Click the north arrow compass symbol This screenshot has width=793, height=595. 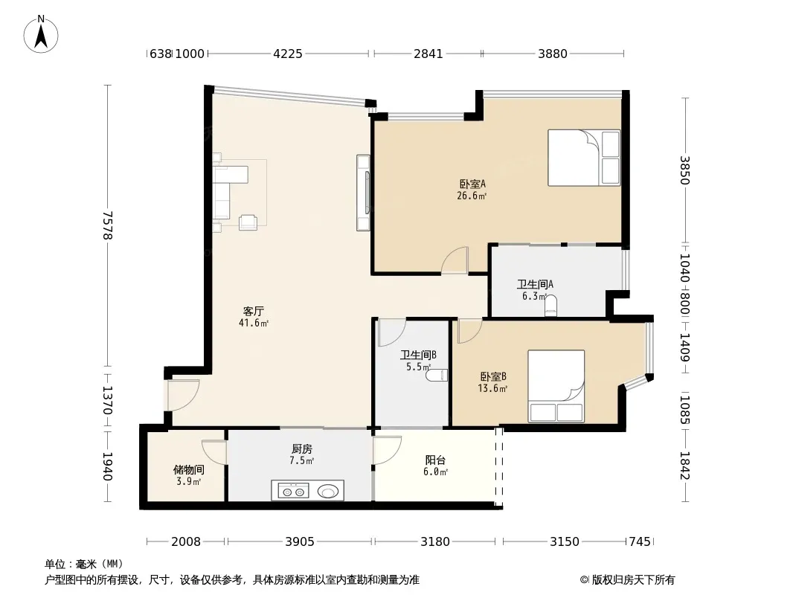[41, 34]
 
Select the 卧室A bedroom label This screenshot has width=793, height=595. [472, 184]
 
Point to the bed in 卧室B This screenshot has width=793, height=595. [556, 386]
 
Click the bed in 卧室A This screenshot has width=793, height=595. [584, 158]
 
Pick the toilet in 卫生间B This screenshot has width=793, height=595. [437, 375]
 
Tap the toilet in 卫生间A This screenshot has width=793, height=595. [550, 306]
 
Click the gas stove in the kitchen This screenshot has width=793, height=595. [292, 491]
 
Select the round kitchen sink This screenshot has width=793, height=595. [329, 491]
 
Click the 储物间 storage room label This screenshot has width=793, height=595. [189, 469]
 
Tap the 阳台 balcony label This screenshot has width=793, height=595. [435, 460]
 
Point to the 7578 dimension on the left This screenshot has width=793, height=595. [107, 225]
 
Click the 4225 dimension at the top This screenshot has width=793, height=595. [288, 53]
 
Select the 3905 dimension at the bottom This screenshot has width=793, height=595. [299, 541]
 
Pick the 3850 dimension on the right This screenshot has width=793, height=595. [684, 170]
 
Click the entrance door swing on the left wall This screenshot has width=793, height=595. [182, 395]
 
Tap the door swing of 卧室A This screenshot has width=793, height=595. [455, 260]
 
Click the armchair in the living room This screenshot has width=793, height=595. [248, 222]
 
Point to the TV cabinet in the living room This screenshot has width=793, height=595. [363, 193]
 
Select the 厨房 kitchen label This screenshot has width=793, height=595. [302, 448]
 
